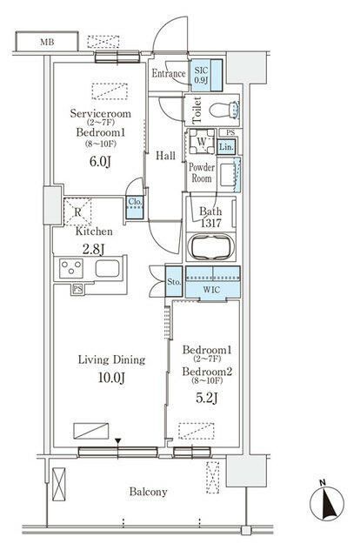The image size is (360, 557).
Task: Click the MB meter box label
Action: [47, 43]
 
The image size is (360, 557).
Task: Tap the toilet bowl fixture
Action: [224, 110]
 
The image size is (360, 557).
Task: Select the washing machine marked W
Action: [201, 141]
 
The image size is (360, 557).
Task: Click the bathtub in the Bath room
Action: [211, 246]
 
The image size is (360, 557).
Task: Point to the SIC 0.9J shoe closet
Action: [206, 75]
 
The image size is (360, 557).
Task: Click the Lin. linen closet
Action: [226, 147]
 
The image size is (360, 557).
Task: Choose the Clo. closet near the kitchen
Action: [135, 207]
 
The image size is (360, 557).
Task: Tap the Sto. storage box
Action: [174, 282]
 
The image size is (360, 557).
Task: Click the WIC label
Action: [211, 290]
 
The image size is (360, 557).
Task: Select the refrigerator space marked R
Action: [77, 212]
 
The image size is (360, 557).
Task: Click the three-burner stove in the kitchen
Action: [71, 268]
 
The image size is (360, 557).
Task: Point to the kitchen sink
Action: [107, 268]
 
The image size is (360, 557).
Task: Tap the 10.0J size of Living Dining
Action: [111, 378]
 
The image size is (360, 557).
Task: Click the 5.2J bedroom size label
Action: [206, 399]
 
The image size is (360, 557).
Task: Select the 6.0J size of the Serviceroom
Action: [100, 162]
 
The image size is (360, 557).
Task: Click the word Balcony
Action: [148, 492]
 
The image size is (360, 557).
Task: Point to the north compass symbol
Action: [327, 503]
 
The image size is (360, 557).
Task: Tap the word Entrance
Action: [169, 73]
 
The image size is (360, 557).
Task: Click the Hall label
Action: [165, 156]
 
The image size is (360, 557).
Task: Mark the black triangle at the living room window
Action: [118, 441]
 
